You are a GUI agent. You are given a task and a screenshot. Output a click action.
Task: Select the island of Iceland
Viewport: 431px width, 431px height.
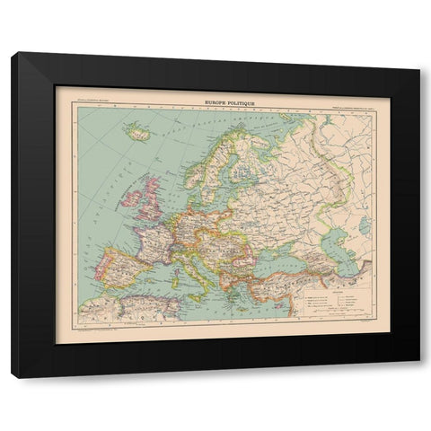pos(139,133)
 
